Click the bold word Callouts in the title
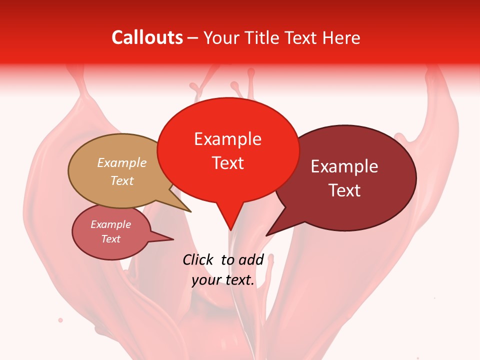(x=147, y=37)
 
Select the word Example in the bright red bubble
(x=227, y=139)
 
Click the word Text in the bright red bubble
(x=227, y=163)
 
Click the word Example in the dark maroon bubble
(x=344, y=166)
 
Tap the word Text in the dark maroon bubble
(x=344, y=190)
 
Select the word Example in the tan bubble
(x=122, y=163)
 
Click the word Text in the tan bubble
(x=122, y=180)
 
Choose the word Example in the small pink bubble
(x=110, y=225)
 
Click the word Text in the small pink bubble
(x=110, y=239)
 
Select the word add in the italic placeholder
(x=250, y=259)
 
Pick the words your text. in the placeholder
(x=223, y=280)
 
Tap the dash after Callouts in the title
(x=193, y=38)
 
